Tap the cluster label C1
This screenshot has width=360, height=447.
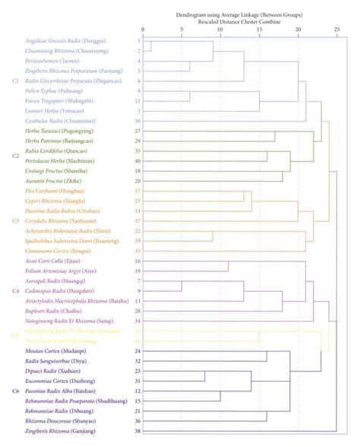(x=16, y=80)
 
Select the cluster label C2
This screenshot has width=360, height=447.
(x=16, y=155)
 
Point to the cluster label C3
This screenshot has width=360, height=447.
(x=16, y=220)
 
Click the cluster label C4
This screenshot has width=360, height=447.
(x=16, y=290)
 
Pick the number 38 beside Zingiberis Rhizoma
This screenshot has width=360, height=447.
(x=138, y=430)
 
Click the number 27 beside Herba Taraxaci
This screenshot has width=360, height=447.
(x=138, y=131)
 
